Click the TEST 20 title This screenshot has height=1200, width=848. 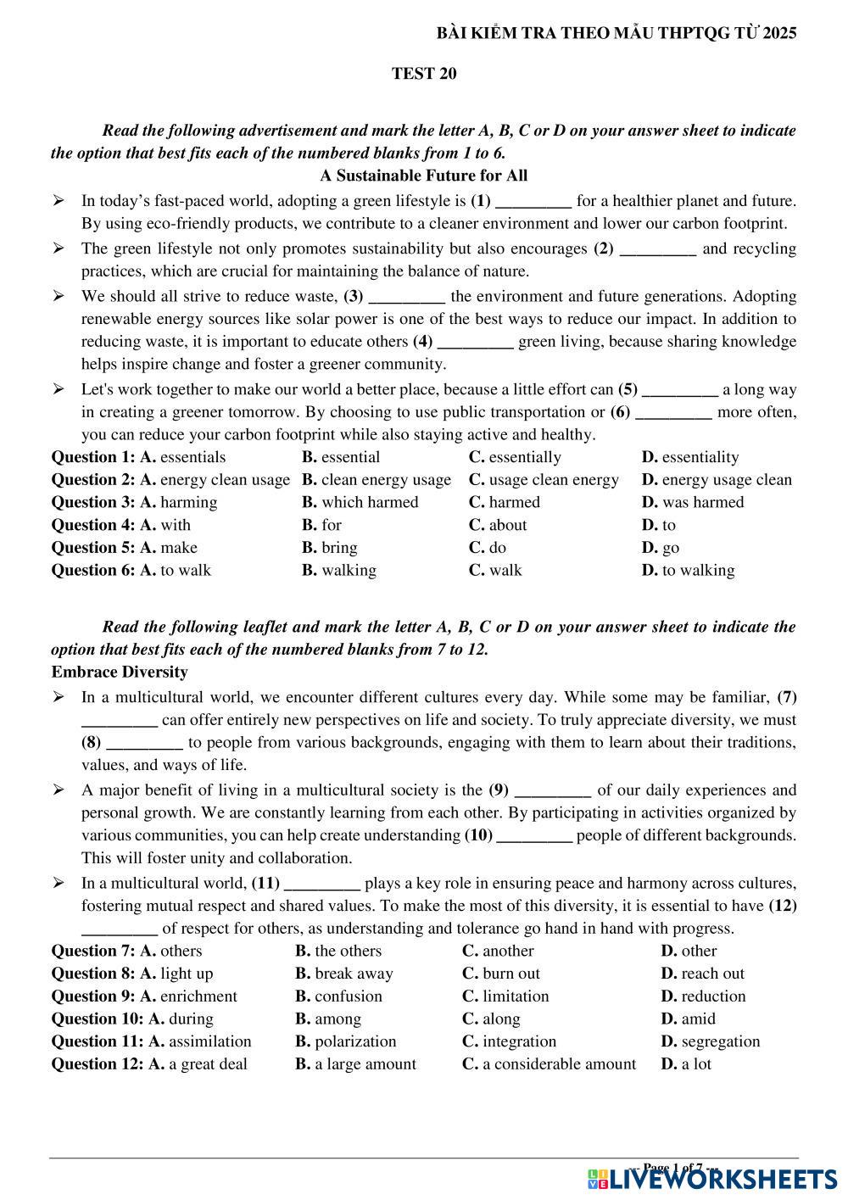click(x=424, y=74)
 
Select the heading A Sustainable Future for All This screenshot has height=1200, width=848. click(x=424, y=176)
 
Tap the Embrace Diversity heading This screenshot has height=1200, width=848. click(x=120, y=672)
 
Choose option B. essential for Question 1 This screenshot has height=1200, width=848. click(x=341, y=457)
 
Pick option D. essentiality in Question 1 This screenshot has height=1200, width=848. click(x=690, y=457)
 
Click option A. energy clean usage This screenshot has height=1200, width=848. click(x=215, y=480)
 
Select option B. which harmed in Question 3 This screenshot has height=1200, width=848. click(x=360, y=502)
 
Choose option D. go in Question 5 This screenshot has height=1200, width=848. click(x=661, y=548)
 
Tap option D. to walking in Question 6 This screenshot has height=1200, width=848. click(x=689, y=570)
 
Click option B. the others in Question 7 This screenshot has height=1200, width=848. click(x=338, y=951)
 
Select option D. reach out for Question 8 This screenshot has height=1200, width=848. click(x=703, y=974)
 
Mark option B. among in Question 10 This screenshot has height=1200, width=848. click(x=328, y=1019)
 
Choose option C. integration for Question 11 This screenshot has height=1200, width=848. click(x=510, y=1041)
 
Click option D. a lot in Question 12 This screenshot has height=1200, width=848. click(x=686, y=1064)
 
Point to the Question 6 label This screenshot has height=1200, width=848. click(x=92, y=570)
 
